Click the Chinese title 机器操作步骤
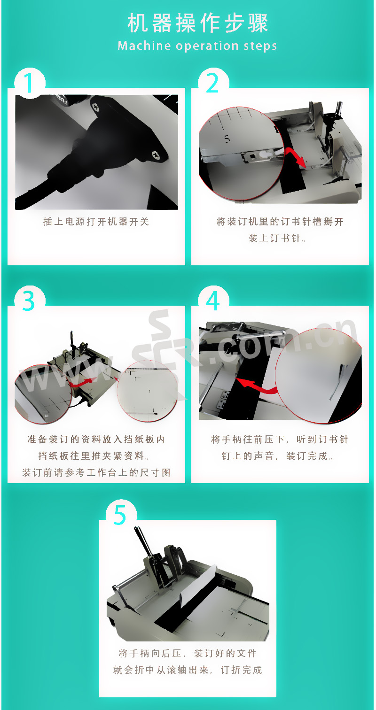click(198, 23)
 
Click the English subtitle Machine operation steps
click(197, 46)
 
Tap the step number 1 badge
click(30, 84)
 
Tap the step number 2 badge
click(213, 84)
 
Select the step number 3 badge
click(30, 301)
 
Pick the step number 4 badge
click(213, 301)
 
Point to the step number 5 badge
click(121, 515)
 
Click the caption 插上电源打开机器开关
click(96, 222)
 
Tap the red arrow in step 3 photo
click(82, 382)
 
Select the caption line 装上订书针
click(275, 238)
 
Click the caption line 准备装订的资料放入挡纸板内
click(96, 440)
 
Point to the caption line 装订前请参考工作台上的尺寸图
click(96, 472)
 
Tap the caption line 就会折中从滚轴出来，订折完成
click(188, 670)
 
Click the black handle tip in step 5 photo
click(137, 530)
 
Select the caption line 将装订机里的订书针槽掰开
click(280, 222)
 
